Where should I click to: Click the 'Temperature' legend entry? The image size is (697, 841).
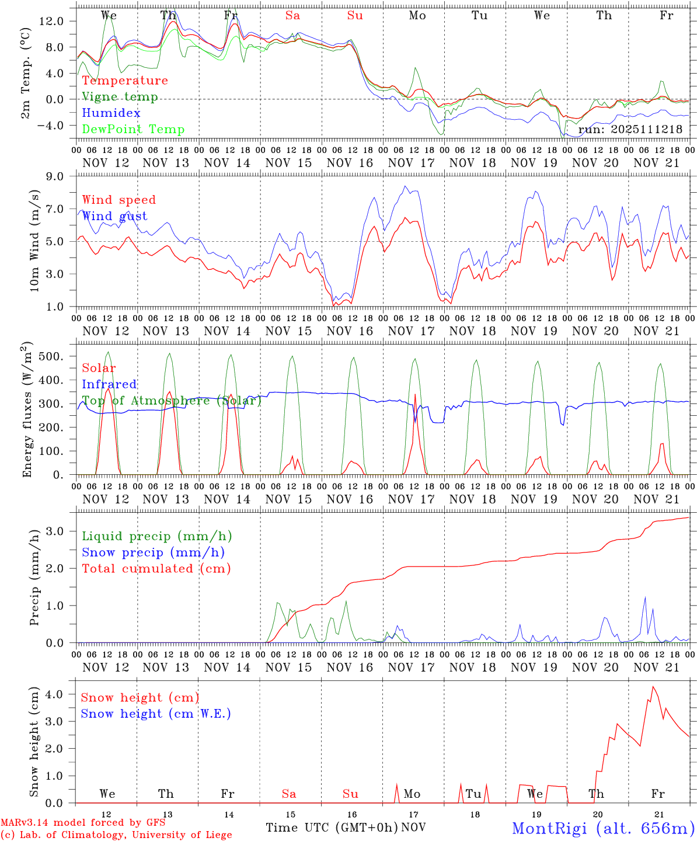click(x=125, y=81)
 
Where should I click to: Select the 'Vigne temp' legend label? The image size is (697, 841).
click(x=120, y=97)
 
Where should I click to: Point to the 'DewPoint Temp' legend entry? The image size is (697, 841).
click(x=133, y=130)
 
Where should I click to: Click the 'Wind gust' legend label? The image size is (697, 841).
click(x=114, y=216)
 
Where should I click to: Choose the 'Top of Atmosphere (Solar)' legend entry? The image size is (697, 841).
click(x=172, y=401)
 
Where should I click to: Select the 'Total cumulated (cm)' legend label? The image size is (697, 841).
click(x=156, y=568)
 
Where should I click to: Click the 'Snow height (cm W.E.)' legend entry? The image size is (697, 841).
click(x=156, y=714)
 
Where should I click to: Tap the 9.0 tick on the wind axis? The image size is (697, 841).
click(x=62, y=176)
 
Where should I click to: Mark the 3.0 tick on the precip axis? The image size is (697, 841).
click(x=62, y=531)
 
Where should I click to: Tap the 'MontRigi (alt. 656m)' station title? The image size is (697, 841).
click(x=603, y=828)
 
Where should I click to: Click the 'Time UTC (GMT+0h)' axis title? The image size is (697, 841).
click(x=332, y=828)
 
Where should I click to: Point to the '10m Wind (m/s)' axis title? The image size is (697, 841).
click(x=35, y=241)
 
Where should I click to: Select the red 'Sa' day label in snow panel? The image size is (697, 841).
click(x=289, y=794)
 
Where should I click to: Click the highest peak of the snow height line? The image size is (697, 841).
click(x=653, y=687)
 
